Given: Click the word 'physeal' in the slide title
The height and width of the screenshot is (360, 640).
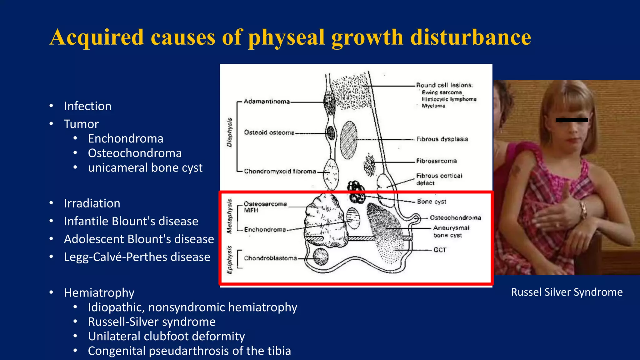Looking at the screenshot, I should click(286, 37).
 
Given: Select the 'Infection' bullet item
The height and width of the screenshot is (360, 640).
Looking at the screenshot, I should click(87, 106).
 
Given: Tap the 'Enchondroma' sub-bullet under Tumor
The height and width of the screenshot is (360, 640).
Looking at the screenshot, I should click(126, 138).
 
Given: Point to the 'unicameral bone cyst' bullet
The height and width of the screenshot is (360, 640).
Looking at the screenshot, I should click(145, 168).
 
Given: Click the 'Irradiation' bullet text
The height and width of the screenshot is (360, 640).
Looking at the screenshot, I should click(92, 203).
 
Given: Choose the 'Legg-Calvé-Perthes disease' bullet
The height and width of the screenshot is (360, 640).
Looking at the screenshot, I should click(137, 257).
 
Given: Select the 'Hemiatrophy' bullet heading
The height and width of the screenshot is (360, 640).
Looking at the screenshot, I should click(99, 293).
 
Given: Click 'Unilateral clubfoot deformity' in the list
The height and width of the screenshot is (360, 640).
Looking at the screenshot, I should click(166, 336).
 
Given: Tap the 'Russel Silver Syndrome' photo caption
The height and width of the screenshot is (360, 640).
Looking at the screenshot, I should click(567, 292).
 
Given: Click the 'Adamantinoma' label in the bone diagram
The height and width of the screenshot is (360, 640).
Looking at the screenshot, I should click(267, 102).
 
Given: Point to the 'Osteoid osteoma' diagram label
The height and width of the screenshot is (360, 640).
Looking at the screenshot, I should click(269, 132).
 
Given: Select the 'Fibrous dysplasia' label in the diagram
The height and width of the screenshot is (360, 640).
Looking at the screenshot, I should click(442, 139).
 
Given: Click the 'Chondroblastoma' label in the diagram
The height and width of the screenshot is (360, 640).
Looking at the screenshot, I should click(270, 258).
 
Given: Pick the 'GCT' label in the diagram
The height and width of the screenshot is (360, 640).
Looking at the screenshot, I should click(440, 250).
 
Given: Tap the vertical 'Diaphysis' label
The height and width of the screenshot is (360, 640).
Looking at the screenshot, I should click(230, 132).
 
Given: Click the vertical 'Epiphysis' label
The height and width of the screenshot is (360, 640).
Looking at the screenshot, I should click(230, 260).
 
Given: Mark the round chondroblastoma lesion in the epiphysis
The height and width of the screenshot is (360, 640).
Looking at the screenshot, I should click(321, 257).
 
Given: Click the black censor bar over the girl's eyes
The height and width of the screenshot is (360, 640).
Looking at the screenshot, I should click(572, 120).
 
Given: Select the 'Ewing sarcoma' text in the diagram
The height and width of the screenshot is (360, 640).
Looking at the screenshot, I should click(442, 92).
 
